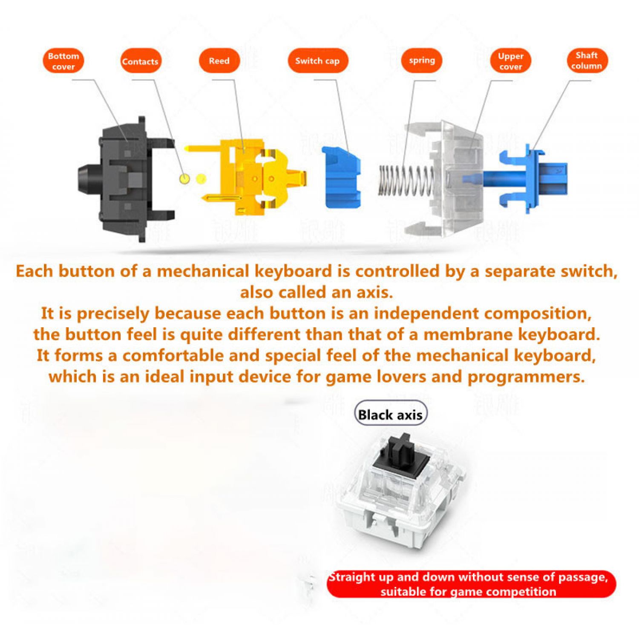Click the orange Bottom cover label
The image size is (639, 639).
click(63, 61)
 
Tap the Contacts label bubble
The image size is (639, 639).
click(140, 61)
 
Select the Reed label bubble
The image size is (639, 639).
click(219, 60)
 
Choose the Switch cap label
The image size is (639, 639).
click(318, 60)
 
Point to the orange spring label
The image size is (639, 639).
click(422, 60)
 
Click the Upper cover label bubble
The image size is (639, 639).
click(510, 61)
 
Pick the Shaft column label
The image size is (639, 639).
click(587, 60)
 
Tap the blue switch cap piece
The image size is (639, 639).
click(341, 177)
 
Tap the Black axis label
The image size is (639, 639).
click(390, 414)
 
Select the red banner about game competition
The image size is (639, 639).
click(471, 584)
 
